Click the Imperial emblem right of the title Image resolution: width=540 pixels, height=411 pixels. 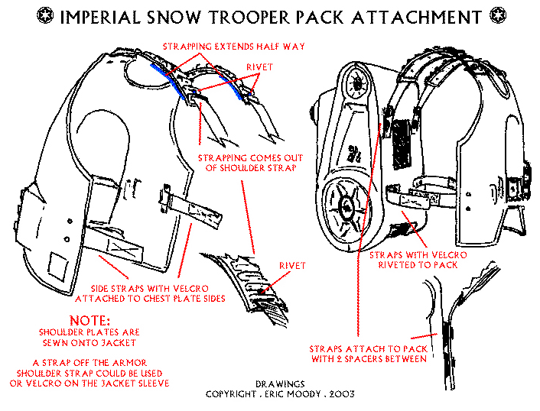pyautogui.click(x=499, y=16)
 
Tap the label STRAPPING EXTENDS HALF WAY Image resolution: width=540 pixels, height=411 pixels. pyautogui.click(x=234, y=47)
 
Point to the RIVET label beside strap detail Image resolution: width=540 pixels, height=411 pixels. pyautogui.click(x=291, y=266)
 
